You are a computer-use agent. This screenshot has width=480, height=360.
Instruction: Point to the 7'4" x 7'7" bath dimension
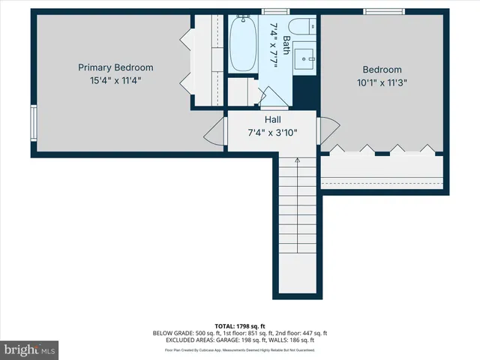tap(274, 44)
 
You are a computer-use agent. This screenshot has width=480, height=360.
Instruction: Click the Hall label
tap(272, 119)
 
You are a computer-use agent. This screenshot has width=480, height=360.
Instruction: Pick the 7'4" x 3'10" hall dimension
tap(272, 133)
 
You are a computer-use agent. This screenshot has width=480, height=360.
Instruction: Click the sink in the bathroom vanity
tap(306, 56)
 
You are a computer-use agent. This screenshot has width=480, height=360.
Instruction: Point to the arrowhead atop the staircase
tap(298, 160)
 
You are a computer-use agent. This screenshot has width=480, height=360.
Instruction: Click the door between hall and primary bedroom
tap(217, 130)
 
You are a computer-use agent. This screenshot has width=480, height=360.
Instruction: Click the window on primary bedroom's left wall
tap(33, 123)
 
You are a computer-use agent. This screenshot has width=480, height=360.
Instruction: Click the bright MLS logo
tap(30, 349)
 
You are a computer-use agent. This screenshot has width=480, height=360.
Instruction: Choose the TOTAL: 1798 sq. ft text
tap(240, 325)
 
